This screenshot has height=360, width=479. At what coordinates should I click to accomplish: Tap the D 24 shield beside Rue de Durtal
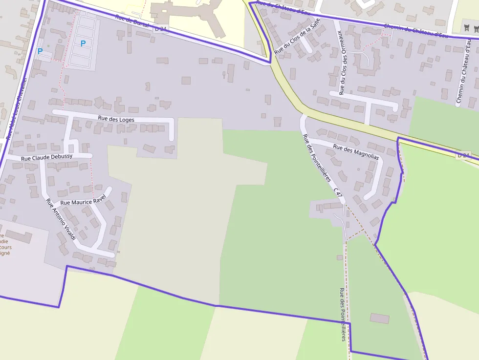point(161,29)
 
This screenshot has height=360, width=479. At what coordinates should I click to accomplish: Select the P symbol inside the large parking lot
point(83,43)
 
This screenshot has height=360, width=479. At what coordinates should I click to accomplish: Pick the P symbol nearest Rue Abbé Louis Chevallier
point(40,51)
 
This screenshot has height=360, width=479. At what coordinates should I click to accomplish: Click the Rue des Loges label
point(116,119)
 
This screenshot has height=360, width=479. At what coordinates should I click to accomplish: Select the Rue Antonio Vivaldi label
point(61,219)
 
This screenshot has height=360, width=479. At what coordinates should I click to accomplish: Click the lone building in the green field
point(380,318)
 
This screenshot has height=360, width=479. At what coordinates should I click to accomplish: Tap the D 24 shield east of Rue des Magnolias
point(463,155)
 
